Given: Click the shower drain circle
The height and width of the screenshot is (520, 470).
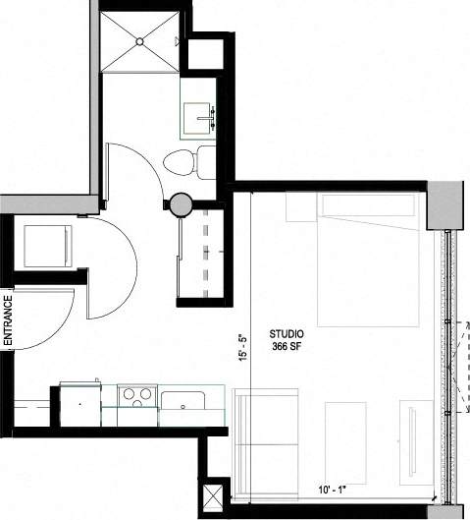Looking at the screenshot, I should click(x=140, y=41).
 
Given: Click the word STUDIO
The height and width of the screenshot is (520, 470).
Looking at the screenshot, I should click(x=287, y=333).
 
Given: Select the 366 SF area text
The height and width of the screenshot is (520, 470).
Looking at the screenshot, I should click(x=287, y=345).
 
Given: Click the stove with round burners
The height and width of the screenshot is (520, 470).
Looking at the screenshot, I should click(x=136, y=397).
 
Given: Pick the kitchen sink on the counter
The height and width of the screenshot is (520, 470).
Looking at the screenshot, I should click(x=182, y=400).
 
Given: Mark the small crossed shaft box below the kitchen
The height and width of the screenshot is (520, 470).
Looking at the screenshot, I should click(x=211, y=495).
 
